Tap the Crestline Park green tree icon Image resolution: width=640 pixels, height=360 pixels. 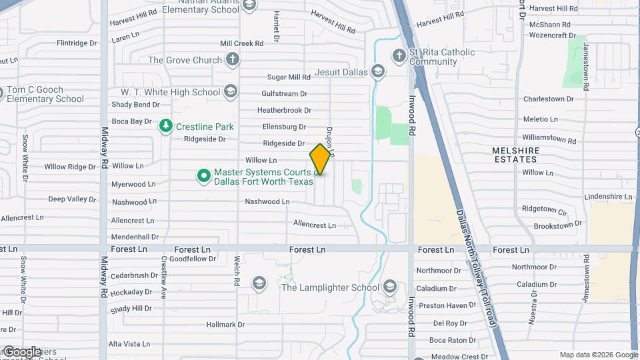[x=165, y=126]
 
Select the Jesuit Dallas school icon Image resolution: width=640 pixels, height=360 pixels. [x=378, y=71]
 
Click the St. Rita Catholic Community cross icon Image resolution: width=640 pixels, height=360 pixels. [x=399, y=55]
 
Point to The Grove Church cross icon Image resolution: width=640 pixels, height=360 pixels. [x=232, y=60]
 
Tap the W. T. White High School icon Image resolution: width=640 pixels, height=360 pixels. [x=231, y=92]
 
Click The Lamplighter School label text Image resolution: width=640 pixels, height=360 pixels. [x=330, y=287]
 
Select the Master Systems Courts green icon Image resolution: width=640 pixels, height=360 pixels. [x=204, y=176]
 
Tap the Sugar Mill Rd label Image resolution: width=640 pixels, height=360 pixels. [x=289, y=77]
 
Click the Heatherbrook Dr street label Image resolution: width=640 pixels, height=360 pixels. [x=285, y=110]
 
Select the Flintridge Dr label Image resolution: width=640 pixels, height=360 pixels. [x=77, y=43]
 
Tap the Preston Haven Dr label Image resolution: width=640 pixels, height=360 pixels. [x=441, y=305]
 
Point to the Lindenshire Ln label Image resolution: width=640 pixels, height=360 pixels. [x=607, y=197]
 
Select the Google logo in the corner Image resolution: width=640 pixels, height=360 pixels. [x=21, y=351]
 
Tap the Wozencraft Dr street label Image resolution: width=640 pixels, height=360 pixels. [x=551, y=35]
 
